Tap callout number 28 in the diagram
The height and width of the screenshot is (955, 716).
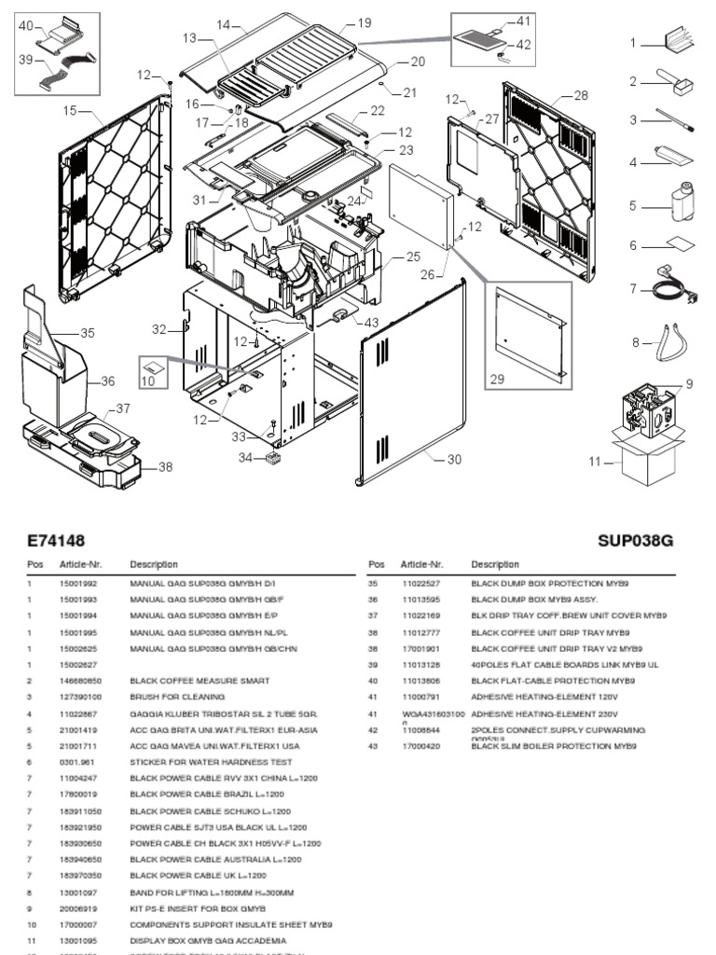point(581,95)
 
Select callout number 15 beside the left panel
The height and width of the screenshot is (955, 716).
point(70,111)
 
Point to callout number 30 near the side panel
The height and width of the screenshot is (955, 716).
point(454,459)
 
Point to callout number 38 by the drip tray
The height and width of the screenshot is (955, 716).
point(165,467)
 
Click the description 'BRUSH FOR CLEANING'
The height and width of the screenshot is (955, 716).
point(177,697)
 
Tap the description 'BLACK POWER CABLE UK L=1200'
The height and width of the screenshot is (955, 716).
point(198,876)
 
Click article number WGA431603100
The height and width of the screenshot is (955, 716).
point(434,713)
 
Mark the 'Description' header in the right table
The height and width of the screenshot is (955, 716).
point(495,564)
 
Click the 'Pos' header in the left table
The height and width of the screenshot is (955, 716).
point(35,564)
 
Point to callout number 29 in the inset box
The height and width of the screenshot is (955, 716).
point(496,380)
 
